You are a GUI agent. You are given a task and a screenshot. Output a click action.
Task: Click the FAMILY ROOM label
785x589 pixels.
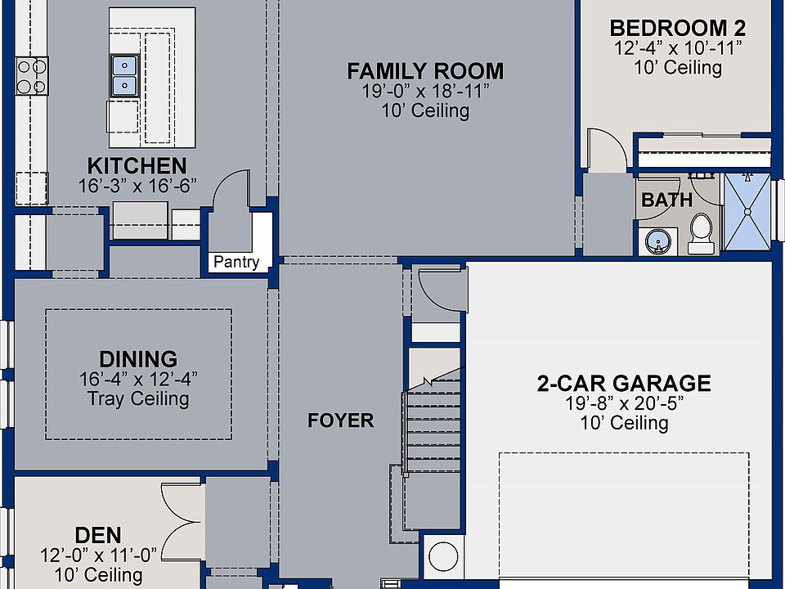click(x=425, y=71)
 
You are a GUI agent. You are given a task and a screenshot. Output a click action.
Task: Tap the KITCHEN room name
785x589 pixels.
click(x=137, y=166)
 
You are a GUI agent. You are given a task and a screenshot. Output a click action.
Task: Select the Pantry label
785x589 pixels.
click(x=236, y=262)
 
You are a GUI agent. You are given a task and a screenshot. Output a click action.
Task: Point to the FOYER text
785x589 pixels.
click(x=340, y=420)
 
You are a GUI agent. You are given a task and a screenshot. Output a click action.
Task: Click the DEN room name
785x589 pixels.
click(x=98, y=535)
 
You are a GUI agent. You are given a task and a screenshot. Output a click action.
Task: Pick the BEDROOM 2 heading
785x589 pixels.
click(x=677, y=28)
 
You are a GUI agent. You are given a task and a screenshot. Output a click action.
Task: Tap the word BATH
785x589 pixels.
click(x=667, y=200)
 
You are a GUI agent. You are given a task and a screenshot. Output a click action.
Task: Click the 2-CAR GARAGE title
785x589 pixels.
click(x=624, y=383)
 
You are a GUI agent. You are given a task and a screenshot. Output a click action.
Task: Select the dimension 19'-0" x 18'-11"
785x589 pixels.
click(x=425, y=91)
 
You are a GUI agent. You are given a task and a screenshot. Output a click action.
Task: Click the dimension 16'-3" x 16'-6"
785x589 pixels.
click(x=137, y=186)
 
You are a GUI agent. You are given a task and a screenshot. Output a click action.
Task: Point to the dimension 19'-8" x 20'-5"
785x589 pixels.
click(x=624, y=403)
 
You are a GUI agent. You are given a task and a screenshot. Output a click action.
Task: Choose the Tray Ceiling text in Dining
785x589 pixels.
click(x=138, y=399)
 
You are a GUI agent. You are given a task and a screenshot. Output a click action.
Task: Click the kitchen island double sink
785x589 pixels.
click(x=124, y=75)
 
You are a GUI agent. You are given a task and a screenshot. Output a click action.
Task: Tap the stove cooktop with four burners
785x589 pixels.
click(x=32, y=76)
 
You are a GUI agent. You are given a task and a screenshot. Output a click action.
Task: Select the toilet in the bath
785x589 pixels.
click(x=701, y=233)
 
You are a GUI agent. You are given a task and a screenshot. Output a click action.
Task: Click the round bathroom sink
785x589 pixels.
click(x=657, y=242)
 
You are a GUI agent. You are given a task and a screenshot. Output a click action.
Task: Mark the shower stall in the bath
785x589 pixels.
click(x=747, y=211)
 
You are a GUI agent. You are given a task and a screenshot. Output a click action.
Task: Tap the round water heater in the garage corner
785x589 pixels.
click(x=443, y=556)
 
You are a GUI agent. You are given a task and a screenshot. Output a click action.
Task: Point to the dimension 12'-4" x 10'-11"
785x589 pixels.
click(x=677, y=48)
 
